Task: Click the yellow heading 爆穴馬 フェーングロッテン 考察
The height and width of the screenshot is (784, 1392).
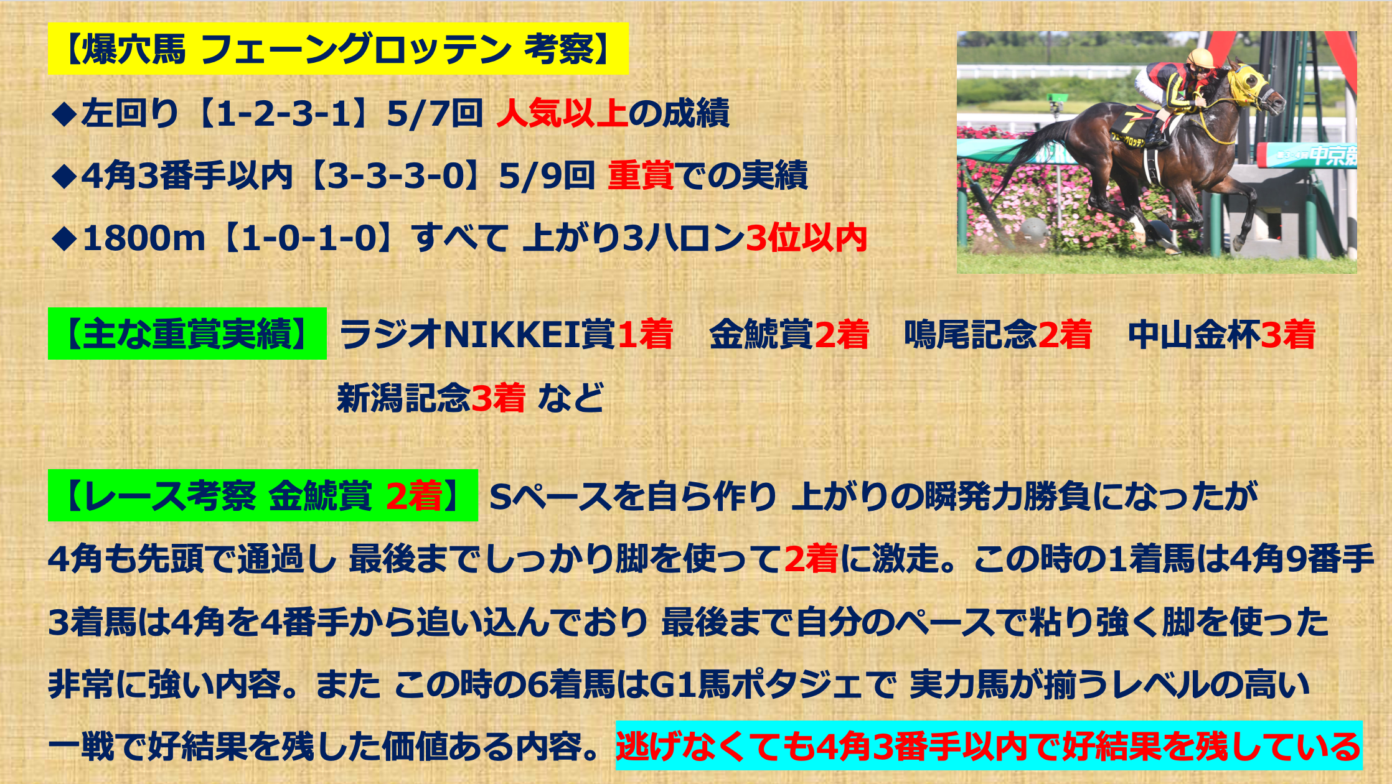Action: pyautogui.click(x=338, y=49)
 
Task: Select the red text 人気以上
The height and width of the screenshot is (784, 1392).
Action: pyautogui.click(x=562, y=113)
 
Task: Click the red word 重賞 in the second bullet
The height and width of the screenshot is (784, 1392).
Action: pyautogui.click(x=641, y=175)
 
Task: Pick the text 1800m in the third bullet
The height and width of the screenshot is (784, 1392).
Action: pyautogui.click(x=144, y=238)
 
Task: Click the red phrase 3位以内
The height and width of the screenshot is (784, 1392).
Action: pyautogui.click(x=807, y=238)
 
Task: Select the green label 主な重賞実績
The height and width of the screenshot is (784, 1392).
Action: pyautogui.click(x=187, y=334)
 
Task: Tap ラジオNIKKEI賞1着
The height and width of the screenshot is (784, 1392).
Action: pyautogui.click(x=506, y=334)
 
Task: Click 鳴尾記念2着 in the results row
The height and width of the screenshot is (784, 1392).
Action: pyautogui.click(x=998, y=334)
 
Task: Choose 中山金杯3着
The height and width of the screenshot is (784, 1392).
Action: pyautogui.click(x=1221, y=334)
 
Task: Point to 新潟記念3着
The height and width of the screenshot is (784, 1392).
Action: pyautogui.click(x=431, y=398)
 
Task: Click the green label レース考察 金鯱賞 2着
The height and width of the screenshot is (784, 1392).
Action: pyautogui.click(x=263, y=495)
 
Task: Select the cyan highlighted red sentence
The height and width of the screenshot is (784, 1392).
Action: pyautogui.click(x=989, y=745)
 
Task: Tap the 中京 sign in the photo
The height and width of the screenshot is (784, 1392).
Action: pyautogui.click(x=1332, y=154)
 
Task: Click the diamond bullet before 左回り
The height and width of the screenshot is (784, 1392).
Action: pyautogui.click(x=64, y=114)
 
